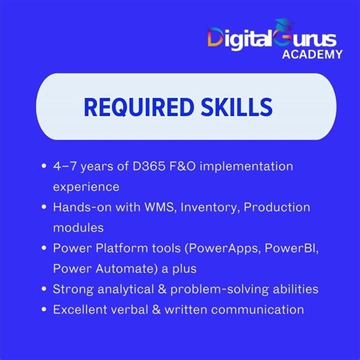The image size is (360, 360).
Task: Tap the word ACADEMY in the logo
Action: coord(311,54)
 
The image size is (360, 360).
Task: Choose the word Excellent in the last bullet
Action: coord(81,309)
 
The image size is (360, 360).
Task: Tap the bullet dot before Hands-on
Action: coord(45,207)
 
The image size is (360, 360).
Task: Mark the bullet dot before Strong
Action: coord(45,289)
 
